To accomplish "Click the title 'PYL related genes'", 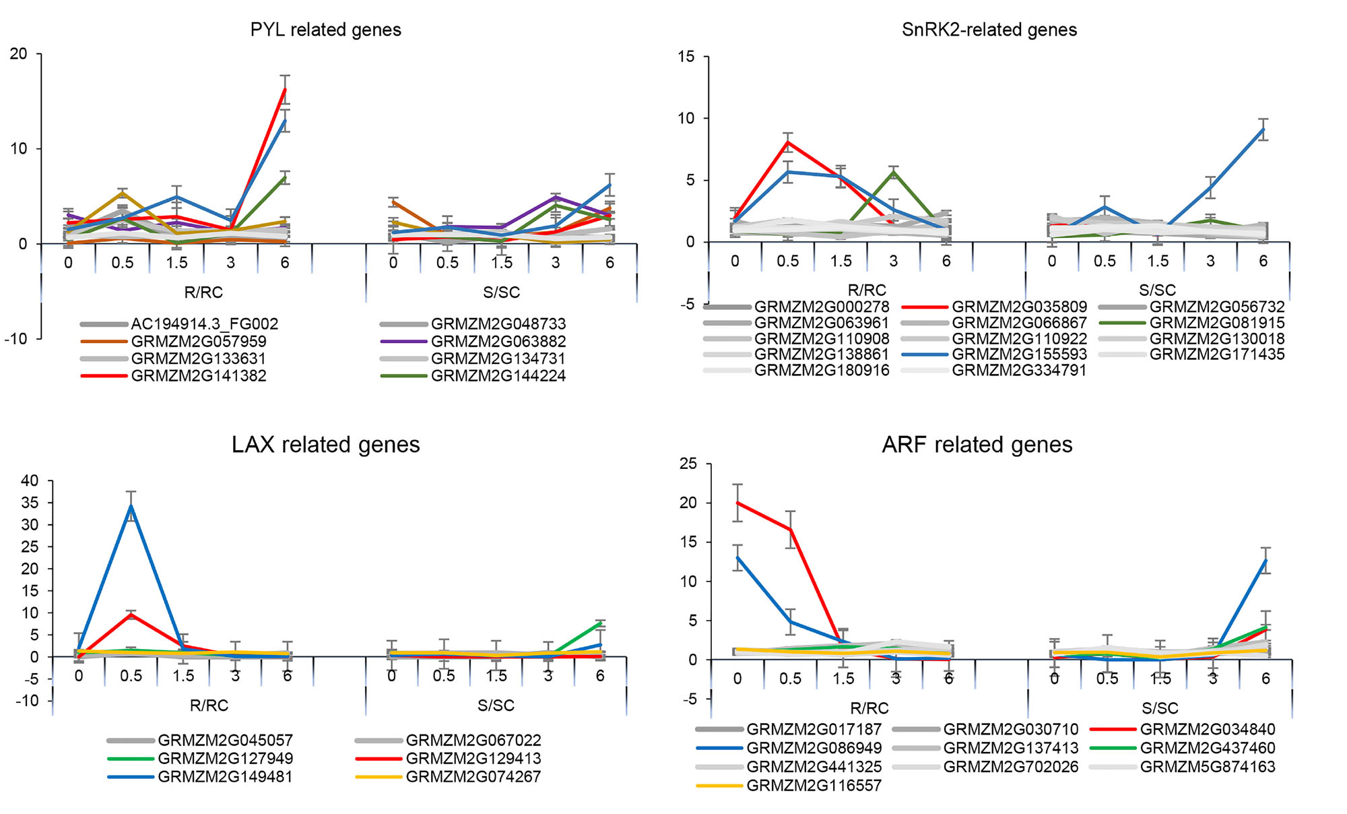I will (x=325, y=30).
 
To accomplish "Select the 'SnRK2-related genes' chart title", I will (x=989, y=30).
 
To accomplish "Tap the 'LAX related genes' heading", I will (x=325, y=445).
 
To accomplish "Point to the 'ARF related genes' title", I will (x=977, y=445).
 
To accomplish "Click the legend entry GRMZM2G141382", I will (x=199, y=376).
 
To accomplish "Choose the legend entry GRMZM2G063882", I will (x=498, y=342).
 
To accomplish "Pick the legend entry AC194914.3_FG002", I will (x=204, y=324).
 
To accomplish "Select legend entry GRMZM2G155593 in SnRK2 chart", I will (x=1019, y=354).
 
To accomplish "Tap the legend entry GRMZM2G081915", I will (x=1217, y=323).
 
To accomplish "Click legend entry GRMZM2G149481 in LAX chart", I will (x=225, y=776).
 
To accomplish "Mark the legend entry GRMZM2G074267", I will (x=473, y=776).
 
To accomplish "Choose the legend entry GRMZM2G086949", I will (x=814, y=748).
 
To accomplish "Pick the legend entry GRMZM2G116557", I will (x=814, y=786).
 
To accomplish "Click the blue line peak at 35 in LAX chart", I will (x=131, y=505).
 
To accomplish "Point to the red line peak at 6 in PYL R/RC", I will (x=285, y=89).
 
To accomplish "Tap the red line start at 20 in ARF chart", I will (x=738, y=503).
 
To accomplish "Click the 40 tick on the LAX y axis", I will (x=30, y=480).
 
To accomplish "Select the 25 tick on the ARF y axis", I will (x=688, y=464).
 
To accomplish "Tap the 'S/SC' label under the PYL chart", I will (x=502, y=292).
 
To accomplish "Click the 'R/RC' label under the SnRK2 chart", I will (x=867, y=290).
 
